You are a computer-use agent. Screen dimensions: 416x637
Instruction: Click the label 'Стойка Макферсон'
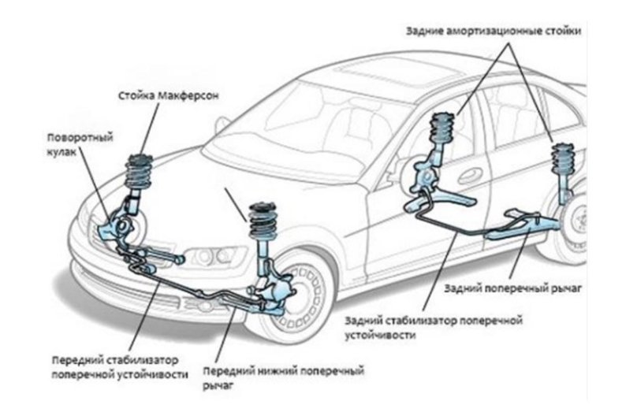pos(164,95)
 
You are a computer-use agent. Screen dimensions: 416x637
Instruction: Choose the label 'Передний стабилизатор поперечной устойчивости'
pos(119,366)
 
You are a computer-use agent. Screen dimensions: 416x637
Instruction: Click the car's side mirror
pos(222,124)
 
